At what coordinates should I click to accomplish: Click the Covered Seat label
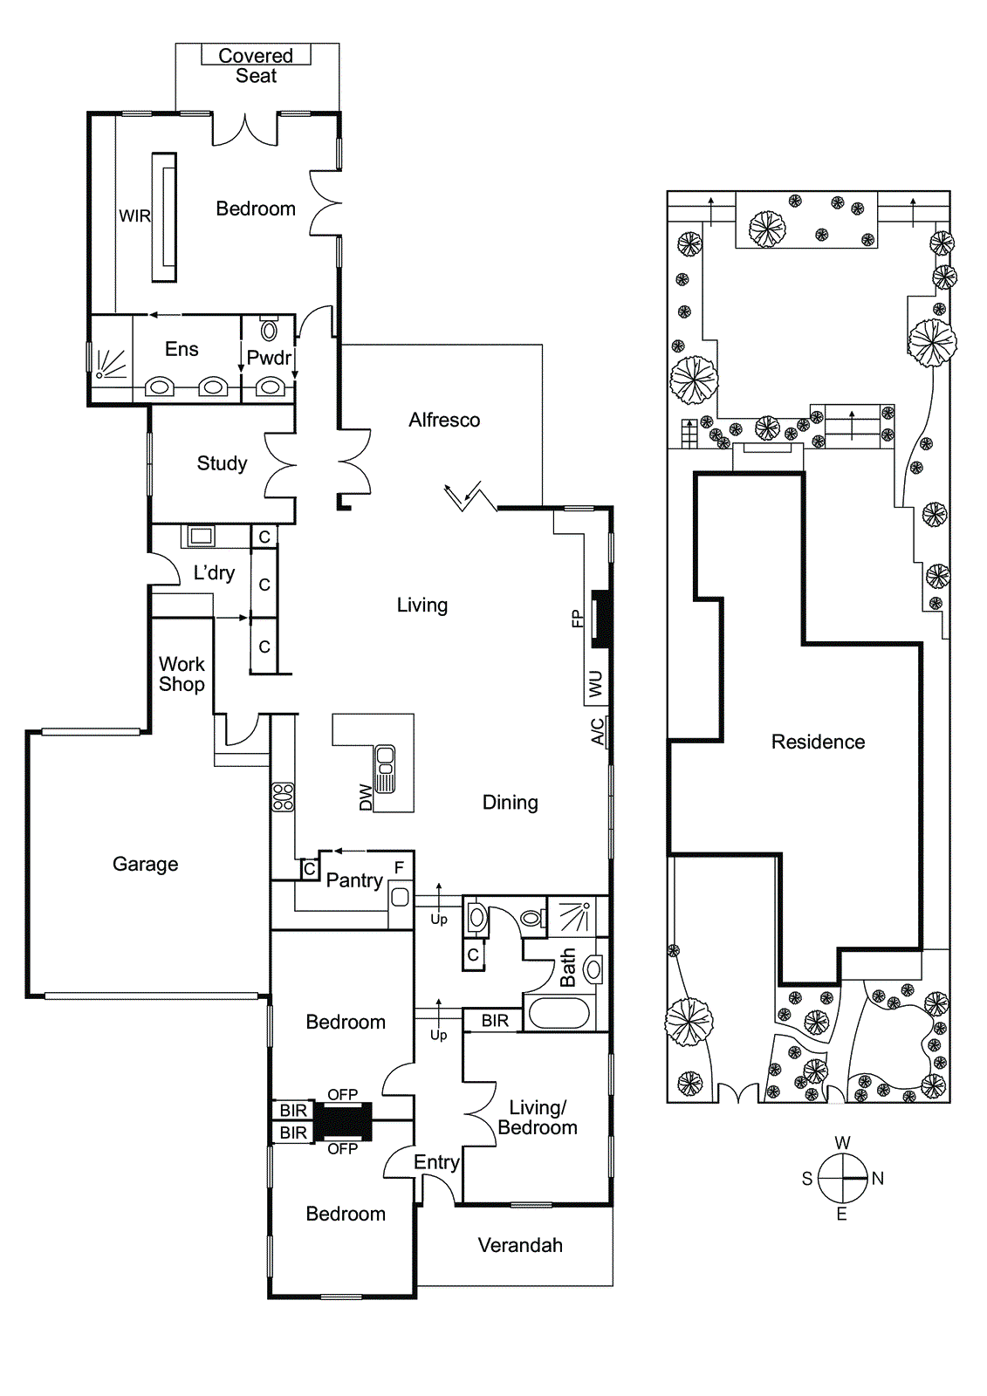pos(256,65)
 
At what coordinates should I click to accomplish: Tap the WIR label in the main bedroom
pos(134,216)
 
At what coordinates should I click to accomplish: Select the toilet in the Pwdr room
pos(269,329)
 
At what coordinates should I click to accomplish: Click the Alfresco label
pos(444,420)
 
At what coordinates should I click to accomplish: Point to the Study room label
pos(222,463)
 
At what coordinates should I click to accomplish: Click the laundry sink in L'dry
pos(202,536)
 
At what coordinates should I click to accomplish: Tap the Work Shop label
pos(182,674)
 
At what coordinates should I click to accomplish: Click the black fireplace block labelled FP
pos(601,619)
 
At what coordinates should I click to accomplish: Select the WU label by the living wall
pos(595,683)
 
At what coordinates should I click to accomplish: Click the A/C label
pos(598,731)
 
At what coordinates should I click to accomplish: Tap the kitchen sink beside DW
pos(385,770)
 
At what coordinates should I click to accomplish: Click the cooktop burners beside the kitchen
pos(283,797)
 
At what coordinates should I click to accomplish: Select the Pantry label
pos(354,880)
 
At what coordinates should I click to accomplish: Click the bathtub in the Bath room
pos(559,1013)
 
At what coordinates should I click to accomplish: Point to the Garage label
pos(145,864)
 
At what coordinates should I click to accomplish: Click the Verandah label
pos(520,1245)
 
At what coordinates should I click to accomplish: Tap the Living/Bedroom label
pos(538,1118)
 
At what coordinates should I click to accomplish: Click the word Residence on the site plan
pos(818,742)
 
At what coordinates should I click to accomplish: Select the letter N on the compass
pos(877,1178)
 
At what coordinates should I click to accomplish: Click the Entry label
pos(435,1162)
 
